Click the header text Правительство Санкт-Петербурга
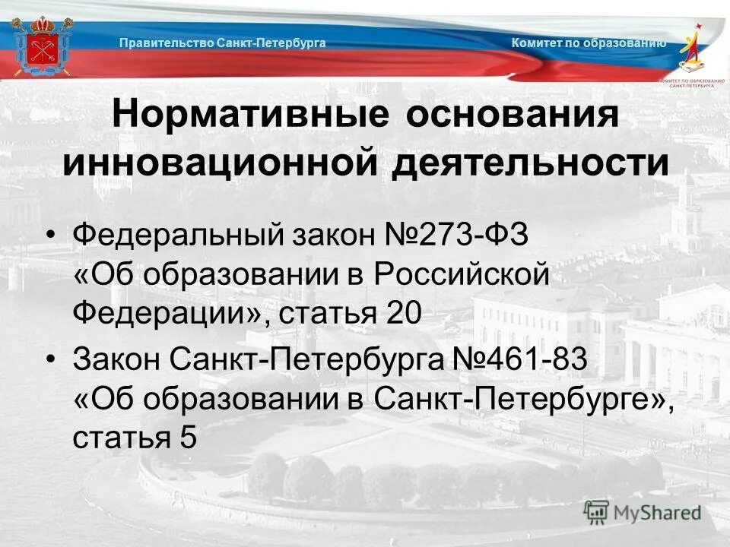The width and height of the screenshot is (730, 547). (222, 43)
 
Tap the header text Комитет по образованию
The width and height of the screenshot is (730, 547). (589, 43)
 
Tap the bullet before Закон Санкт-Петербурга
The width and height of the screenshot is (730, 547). (51, 359)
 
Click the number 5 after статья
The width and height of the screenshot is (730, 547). (189, 438)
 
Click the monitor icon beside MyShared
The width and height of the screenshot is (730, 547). (596, 512)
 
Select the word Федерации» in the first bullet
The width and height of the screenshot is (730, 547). (167, 313)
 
